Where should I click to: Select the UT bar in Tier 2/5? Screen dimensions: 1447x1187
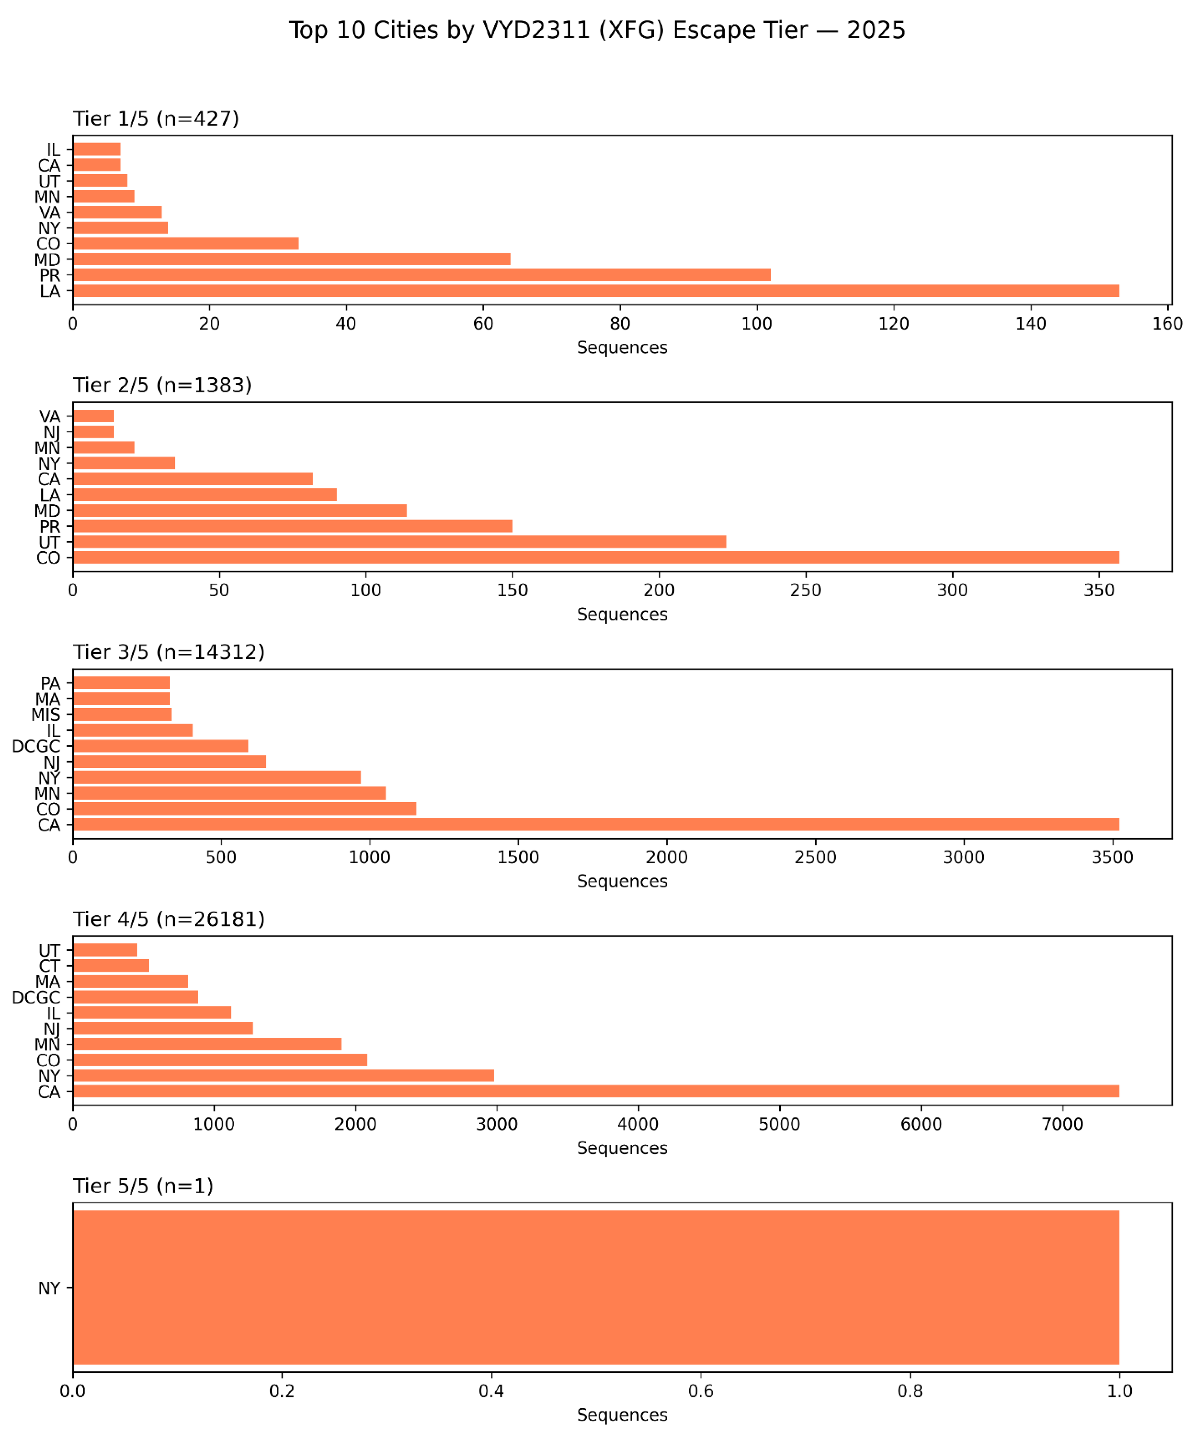399,541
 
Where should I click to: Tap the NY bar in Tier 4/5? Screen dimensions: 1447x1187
283,1076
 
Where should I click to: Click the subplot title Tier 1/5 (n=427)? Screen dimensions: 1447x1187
156,119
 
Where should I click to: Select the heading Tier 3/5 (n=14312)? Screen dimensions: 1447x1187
168,653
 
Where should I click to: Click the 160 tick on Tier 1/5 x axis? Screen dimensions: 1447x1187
1167,324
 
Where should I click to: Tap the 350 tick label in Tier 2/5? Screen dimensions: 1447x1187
1099,591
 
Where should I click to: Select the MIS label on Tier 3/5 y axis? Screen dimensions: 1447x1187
46,715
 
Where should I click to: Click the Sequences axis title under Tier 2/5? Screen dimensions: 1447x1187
622,614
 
